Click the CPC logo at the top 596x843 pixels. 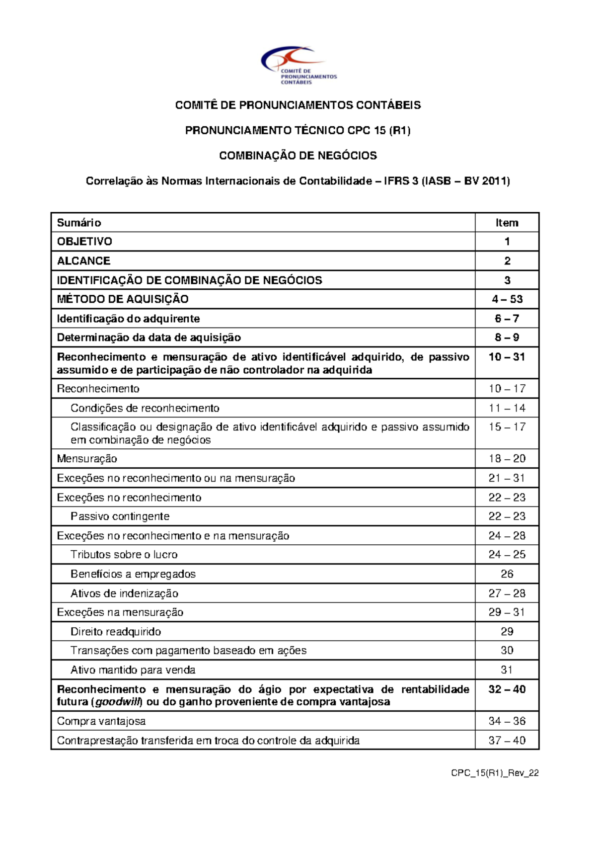point(298,66)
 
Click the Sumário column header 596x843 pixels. point(79,223)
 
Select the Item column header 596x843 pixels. point(507,223)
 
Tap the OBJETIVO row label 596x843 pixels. point(84,242)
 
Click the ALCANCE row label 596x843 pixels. point(83,261)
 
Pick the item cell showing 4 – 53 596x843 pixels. point(507,299)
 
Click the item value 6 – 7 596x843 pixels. point(507,319)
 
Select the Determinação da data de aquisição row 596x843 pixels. point(149,337)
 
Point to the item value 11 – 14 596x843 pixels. point(507,408)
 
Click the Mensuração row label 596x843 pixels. point(87,459)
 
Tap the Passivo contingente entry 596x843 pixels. point(120,516)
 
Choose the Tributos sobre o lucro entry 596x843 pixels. point(124,555)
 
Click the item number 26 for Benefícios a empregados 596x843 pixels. point(507,574)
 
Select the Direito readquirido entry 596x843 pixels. point(116,632)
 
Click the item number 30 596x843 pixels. point(507,651)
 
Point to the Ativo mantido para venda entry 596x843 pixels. point(133,670)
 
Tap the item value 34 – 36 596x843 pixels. point(507,721)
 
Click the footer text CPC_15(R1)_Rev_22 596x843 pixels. point(495,773)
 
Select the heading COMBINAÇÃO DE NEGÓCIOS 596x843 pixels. point(298,156)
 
